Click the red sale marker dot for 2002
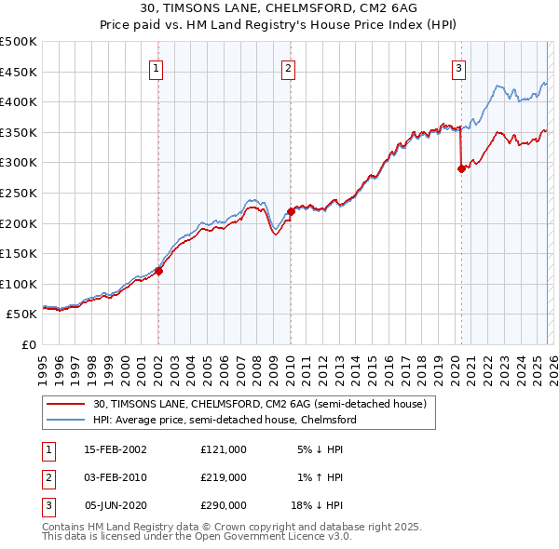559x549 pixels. [x=158, y=271]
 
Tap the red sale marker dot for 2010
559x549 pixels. [x=290, y=212]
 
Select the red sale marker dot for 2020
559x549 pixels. [x=460, y=168]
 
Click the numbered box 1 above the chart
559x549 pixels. [x=157, y=67]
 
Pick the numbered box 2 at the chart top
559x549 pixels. [x=289, y=67]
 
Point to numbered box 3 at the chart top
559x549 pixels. [x=459, y=67]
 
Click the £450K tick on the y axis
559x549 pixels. [x=19, y=72]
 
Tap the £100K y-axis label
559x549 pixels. [x=19, y=284]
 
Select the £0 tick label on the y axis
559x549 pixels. [x=28, y=344]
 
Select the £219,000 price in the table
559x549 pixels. [x=223, y=477]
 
